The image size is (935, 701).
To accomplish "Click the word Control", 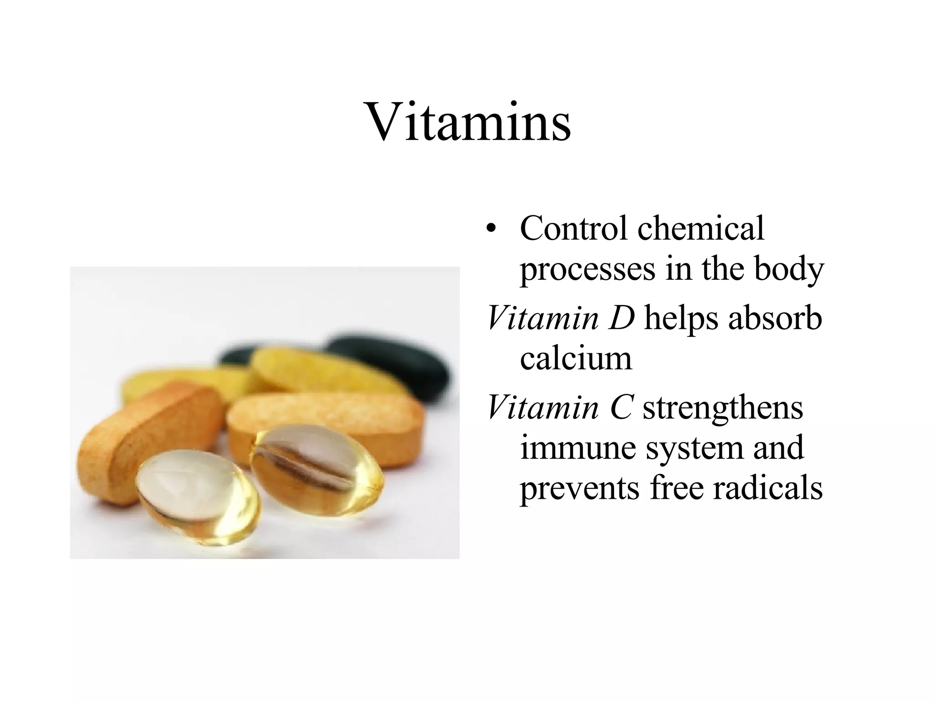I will (x=573, y=228).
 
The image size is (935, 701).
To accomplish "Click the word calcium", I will (x=576, y=358).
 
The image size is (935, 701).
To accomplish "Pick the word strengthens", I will (x=723, y=408).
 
